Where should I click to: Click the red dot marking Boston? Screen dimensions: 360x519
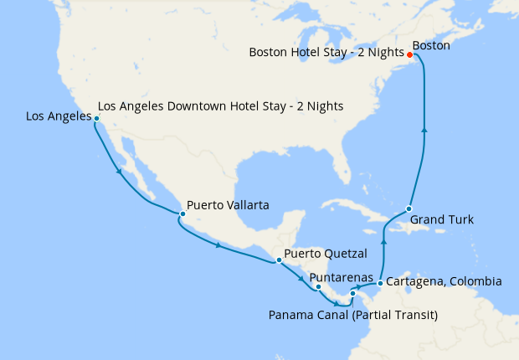click(x=409, y=55)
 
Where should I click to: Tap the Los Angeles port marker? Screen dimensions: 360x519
click(x=97, y=119)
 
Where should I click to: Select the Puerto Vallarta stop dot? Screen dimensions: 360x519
click(x=182, y=214)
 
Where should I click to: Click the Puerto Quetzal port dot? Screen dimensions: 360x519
click(x=279, y=260)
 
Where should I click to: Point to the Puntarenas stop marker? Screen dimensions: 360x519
click(x=318, y=287)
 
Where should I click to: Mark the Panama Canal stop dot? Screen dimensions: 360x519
click(x=352, y=294)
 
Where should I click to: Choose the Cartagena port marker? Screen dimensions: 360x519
click(x=380, y=283)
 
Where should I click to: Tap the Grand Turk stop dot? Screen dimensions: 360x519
click(x=409, y=208)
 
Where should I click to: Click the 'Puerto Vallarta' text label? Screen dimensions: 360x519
click(x=228, y=204)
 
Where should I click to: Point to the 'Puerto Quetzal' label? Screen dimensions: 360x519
click(x=325, y=252)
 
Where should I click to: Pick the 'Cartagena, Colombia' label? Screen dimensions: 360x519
click(x=445, y=281)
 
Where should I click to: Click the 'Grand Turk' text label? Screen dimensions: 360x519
click(x=442, y=220)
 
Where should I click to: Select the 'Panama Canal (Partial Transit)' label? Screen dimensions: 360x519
click(x=353, y=315)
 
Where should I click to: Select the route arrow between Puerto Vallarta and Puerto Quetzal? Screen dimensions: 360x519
click(x=219, y=245)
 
